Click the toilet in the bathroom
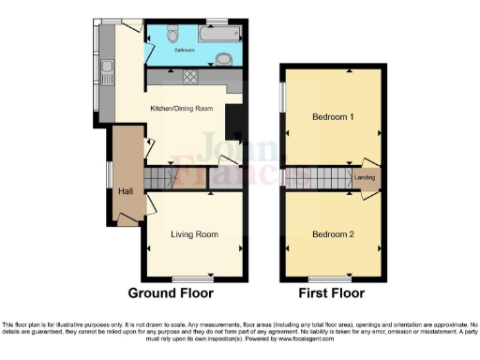[169, 34]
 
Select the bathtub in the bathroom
[218, 36]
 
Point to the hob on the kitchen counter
[192, 77]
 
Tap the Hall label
[125, 191]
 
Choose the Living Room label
[194, 234]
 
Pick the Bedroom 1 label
[333, 117]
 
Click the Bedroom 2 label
[333, 234]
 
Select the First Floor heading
[333, 293]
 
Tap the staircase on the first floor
[321, 176]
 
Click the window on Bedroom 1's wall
[282, 99]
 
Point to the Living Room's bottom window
[190, 278]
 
